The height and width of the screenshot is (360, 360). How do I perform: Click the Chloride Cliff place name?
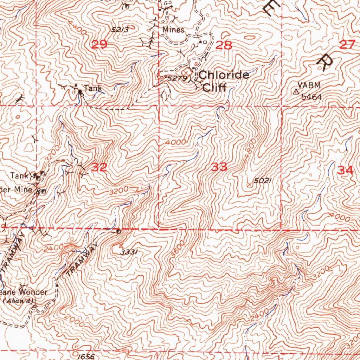[224, 81]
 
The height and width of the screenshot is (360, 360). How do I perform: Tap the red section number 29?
[99, 45]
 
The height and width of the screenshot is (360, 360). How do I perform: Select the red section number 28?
[224, 45]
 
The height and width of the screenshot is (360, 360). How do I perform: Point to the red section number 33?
[219, 167]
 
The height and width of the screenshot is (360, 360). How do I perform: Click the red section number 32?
[99, 167]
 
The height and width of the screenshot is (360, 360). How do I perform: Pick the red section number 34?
[345, 171]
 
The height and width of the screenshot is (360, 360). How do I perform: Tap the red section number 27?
[348, 45]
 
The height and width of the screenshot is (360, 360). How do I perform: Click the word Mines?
[173, 30]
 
